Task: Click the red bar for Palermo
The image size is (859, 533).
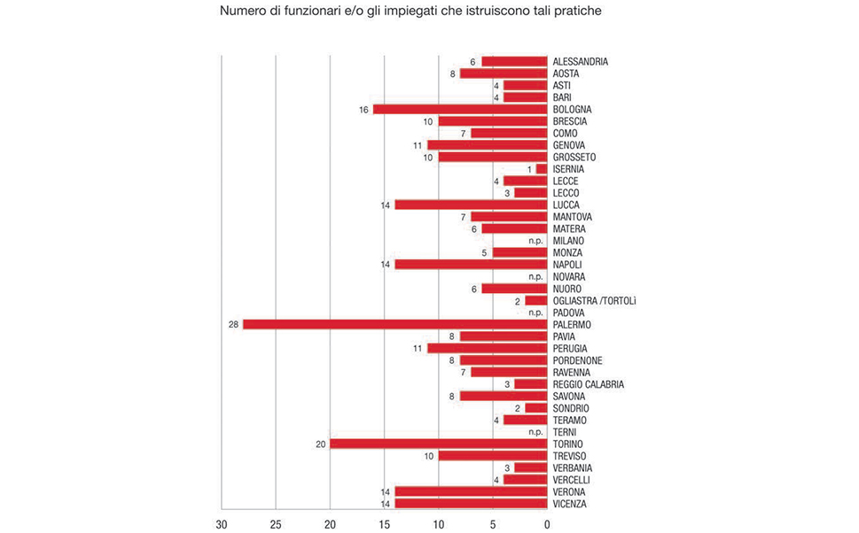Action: [x=394, y=324]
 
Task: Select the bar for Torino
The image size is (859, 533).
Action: [x=438, y=444]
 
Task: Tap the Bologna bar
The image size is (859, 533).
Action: [x=459, y=109]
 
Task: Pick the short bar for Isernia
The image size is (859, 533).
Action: [x=541, y=168]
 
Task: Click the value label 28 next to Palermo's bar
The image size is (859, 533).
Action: [x=233, y=325]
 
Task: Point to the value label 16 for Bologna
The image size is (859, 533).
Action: [x=363, y=109]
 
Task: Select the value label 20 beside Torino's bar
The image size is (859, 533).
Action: [x=320, y=444]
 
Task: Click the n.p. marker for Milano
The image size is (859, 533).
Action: [x=535, y=241]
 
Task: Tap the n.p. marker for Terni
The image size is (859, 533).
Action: [x=535, y=432]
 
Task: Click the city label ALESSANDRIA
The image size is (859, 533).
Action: [x=580, y=61]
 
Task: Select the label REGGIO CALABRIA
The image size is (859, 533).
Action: [x=588, y=384]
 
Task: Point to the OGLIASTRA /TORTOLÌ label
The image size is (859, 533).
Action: [x=594, y=300]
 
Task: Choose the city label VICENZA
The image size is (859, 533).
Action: [x=570, y=504]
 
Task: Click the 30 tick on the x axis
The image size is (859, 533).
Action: [x=222, y=524]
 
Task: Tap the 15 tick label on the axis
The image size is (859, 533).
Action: [x=384, y=524]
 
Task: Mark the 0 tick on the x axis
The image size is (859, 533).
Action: [x=547, y=524]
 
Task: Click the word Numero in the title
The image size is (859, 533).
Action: [x=242, y=12]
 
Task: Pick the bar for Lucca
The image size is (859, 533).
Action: [x=471, y=205]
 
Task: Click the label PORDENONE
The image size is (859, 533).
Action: [x=577, y=360]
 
